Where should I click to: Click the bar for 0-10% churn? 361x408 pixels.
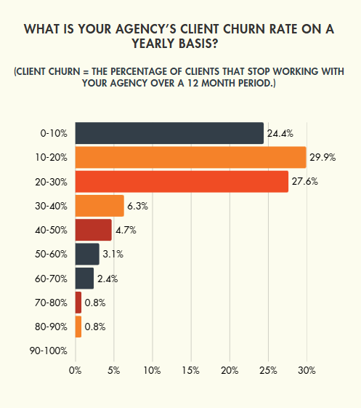[169, 133]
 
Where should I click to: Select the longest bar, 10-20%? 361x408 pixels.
[190, 157]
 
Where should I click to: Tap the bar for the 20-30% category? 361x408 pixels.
[182, 182]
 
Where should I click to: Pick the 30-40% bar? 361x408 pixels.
[100, 206]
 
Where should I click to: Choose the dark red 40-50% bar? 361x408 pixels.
[93, 230]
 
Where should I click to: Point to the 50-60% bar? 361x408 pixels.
[87, 254]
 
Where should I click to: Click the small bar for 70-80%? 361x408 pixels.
[78, 303]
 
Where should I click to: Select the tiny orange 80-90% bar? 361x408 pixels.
[78, 327]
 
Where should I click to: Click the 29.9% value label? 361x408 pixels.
[323, 157]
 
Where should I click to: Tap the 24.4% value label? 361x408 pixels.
[280, 133]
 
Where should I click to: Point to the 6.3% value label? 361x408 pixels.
[137, 206]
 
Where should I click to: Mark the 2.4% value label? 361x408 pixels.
[108, 279]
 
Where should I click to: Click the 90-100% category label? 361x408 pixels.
[50, 351]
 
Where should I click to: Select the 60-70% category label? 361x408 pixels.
[52, 279]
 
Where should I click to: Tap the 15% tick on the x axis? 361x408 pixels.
[191, 370]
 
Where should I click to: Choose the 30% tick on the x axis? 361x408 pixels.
[307, 370]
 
